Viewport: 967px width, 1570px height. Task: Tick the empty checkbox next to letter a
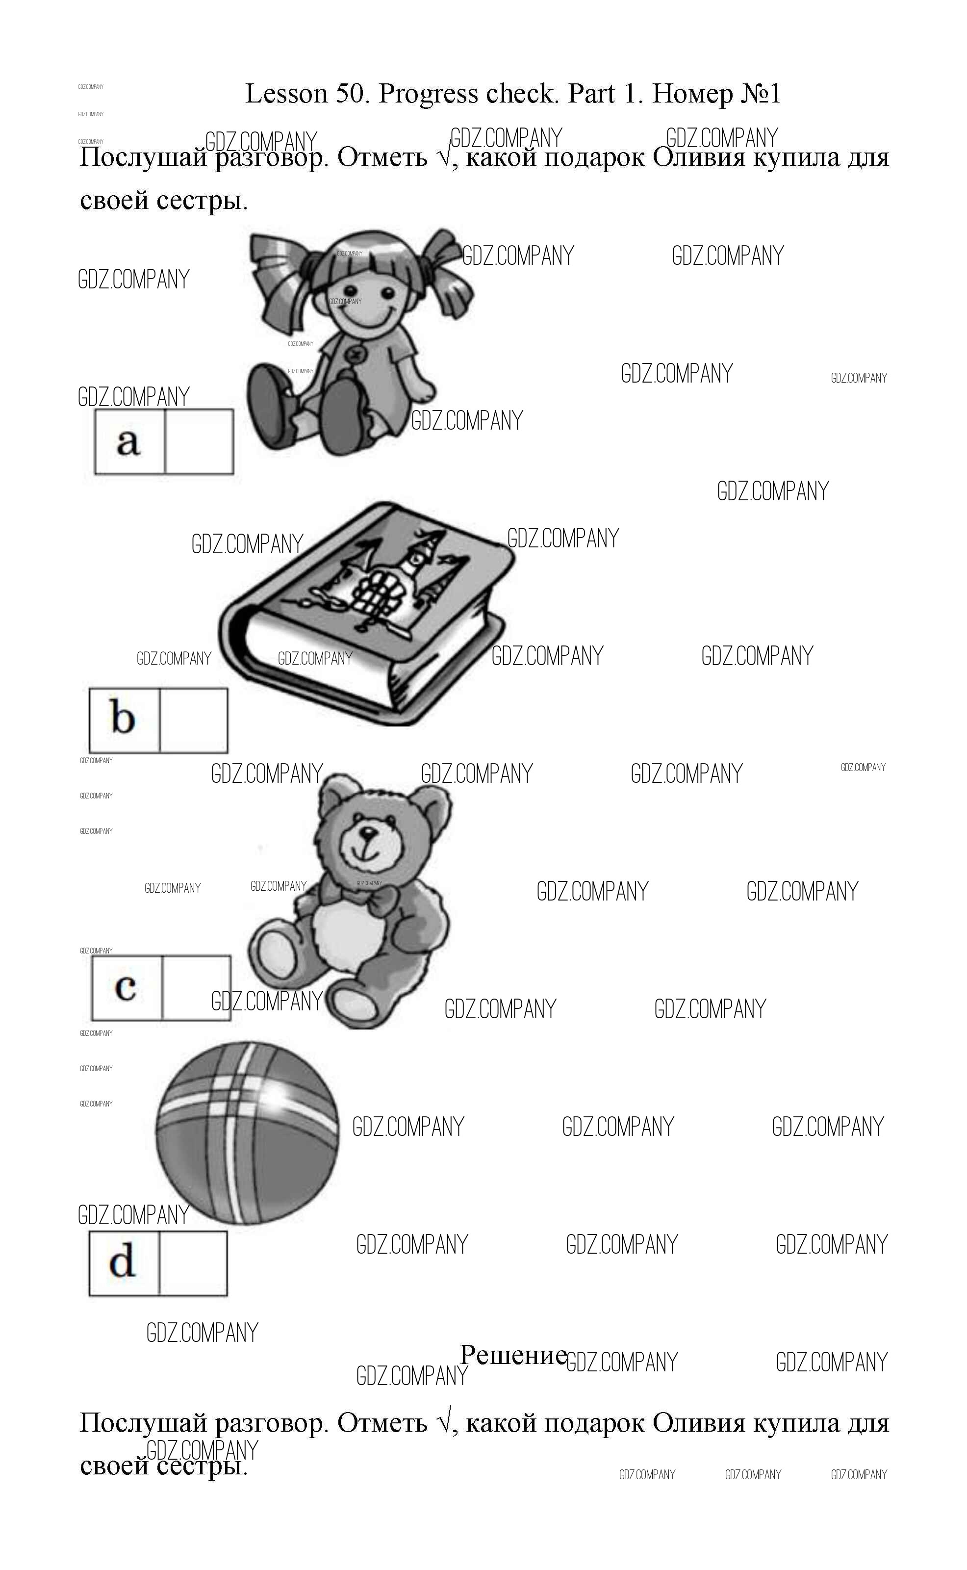[199, 442]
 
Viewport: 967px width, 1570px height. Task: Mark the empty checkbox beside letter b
[193, 720]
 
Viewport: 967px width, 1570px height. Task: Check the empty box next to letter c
[196, 987]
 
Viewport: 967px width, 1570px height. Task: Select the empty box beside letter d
[193, 1263]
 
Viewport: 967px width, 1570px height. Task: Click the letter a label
[128, 442]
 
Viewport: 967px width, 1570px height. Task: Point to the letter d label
[122, 1262]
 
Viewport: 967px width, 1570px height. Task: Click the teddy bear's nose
[368, 833]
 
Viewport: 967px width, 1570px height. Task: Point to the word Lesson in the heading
[286, 94]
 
